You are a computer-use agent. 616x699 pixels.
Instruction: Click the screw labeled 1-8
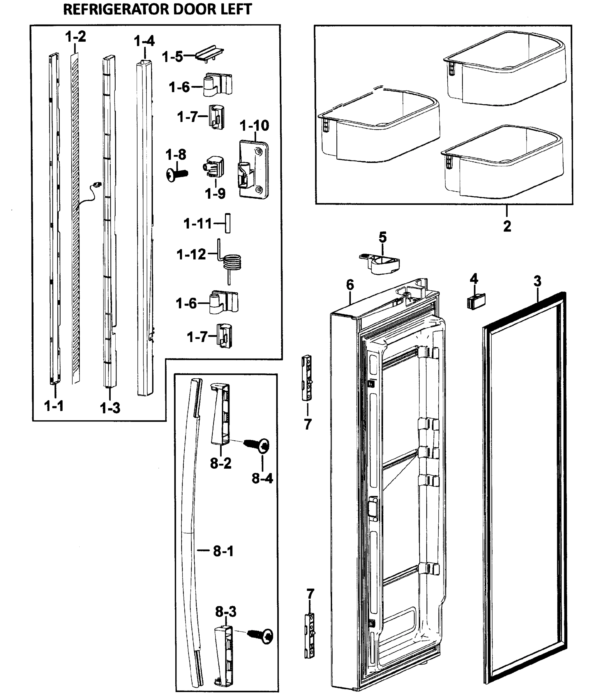click(x=177, y=175)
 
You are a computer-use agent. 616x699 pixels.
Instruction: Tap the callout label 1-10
click(x=254, y=126)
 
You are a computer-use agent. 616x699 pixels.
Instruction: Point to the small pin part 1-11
click(x=228, y=223)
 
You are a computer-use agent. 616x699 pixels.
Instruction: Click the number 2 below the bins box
click(x=507, y=226)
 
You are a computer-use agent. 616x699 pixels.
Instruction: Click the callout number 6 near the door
click(x=350, y=285)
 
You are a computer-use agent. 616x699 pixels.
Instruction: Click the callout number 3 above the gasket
click(x=537, y=281)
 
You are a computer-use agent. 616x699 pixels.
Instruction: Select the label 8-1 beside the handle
click(x=223, y=551)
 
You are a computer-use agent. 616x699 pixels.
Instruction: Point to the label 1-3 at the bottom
click(x=110, y=408)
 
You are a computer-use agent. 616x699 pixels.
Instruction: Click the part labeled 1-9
click(x=215, y=167)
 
